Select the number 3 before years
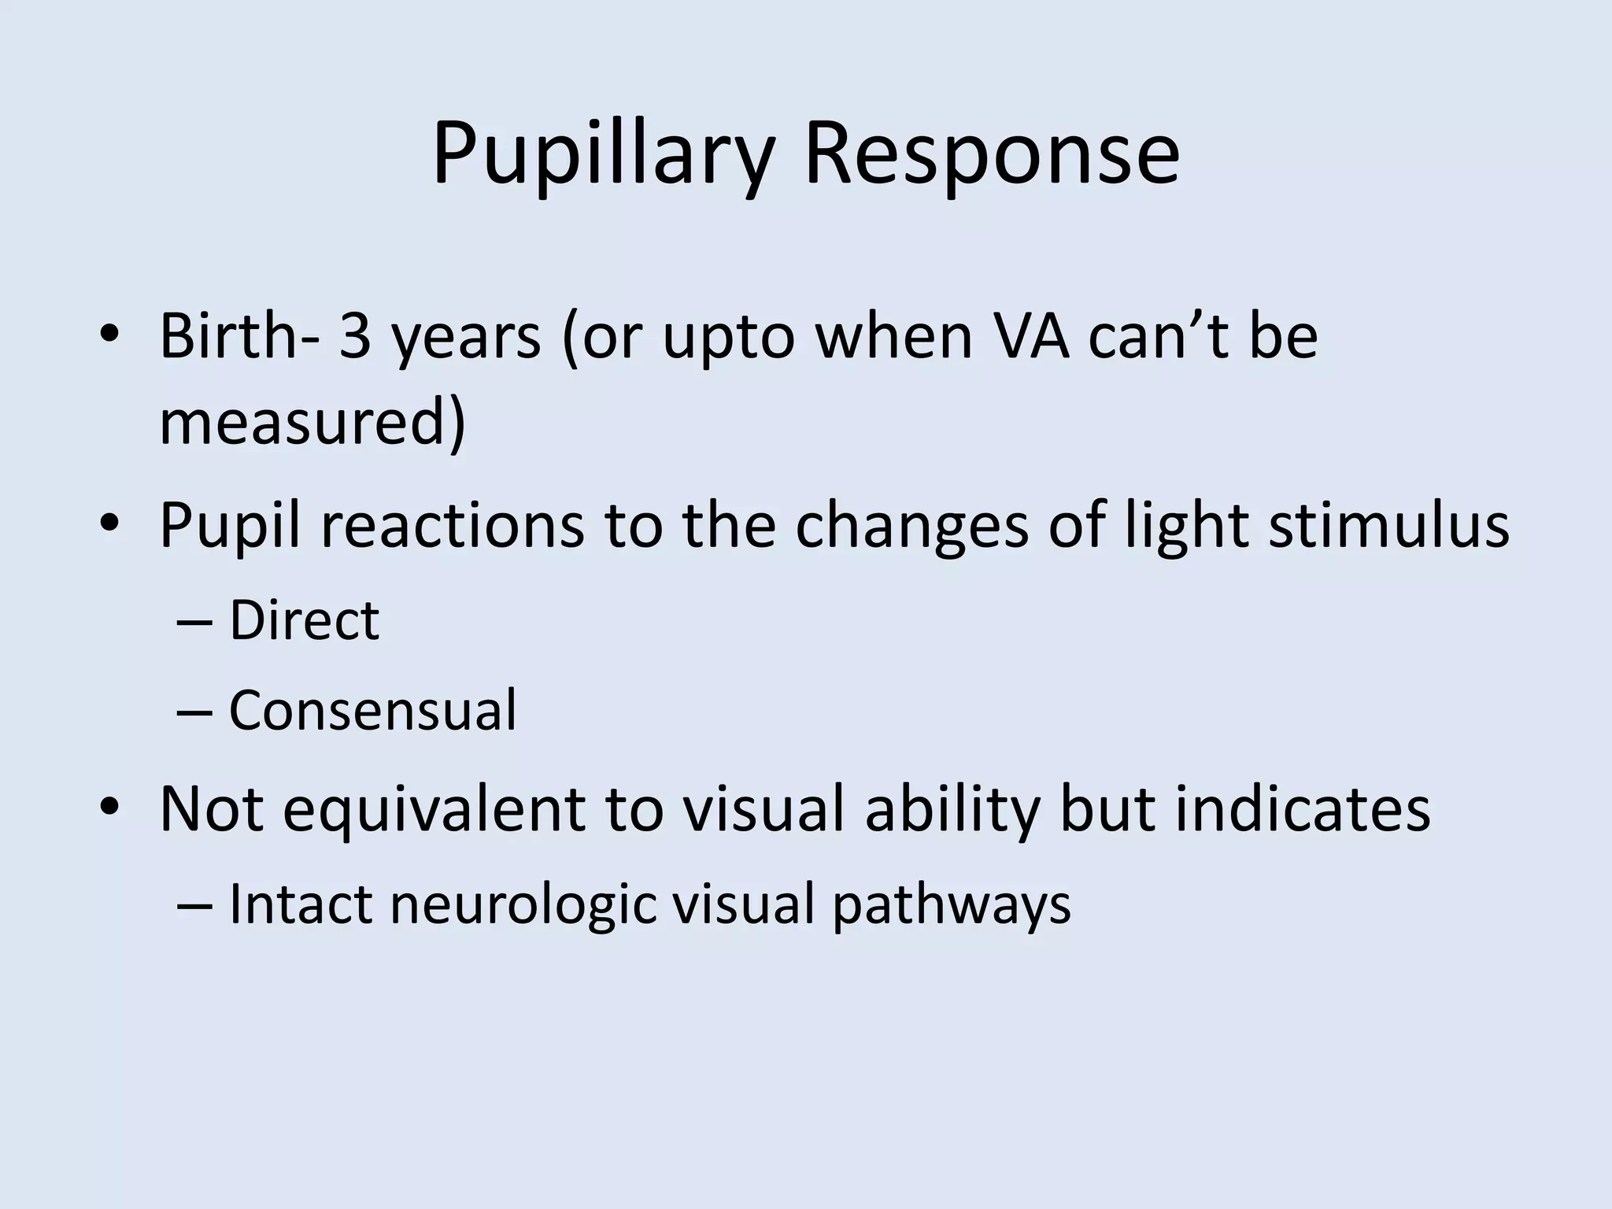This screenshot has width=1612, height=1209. point(354,336)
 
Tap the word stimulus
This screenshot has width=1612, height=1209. point(1389,524)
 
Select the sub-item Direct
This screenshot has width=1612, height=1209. point(304,620)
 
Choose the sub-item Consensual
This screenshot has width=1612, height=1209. point(372,710)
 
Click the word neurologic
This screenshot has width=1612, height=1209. point(523,905)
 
